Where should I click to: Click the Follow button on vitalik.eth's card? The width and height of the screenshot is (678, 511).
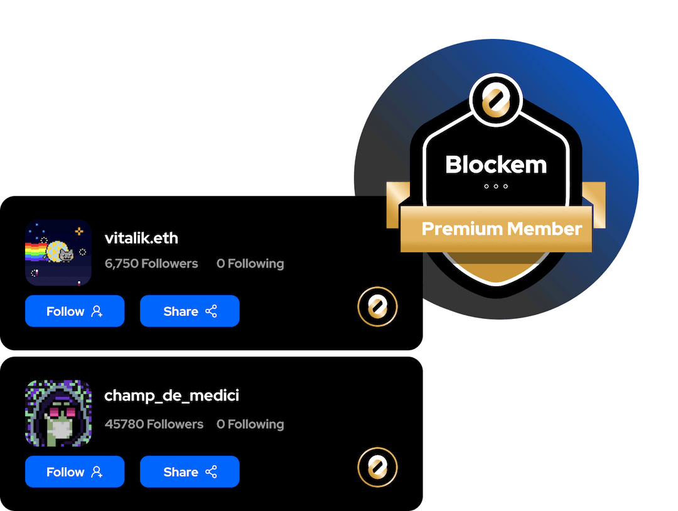75,311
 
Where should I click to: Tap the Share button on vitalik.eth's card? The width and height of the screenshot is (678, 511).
190,311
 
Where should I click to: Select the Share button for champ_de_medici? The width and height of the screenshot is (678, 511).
190,472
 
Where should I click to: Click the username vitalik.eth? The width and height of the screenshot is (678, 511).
141,239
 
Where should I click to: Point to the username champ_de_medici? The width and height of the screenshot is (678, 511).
171,396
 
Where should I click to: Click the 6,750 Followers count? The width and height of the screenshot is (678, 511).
151,264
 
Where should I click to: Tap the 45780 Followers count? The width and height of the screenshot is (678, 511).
154,424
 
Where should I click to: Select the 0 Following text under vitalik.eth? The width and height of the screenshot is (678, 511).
250,264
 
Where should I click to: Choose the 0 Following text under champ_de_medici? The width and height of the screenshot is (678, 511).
250,424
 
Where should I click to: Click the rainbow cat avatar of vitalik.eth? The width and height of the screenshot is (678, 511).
58,253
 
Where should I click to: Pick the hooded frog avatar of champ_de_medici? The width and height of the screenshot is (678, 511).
58,413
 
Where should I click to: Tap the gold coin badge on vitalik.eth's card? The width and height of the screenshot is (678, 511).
377,307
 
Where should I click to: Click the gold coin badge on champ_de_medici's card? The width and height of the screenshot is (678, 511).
377,467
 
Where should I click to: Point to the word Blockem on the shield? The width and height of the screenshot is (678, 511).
496,165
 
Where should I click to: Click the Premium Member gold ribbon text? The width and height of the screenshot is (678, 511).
502,229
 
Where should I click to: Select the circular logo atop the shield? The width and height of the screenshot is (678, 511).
496,99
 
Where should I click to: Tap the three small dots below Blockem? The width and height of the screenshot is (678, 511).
496,186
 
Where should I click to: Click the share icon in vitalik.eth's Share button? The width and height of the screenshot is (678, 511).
212,311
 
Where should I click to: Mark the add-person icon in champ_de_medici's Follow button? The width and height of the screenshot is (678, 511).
97,472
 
